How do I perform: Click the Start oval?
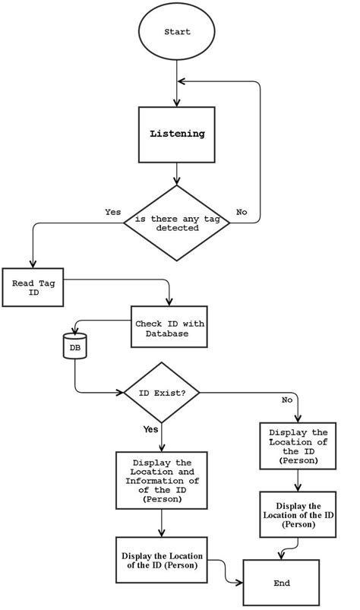tap(177, 33)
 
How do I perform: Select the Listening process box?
tap(177, 134)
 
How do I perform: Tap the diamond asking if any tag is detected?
tap(177, 223)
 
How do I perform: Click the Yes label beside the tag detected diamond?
tap(112, 212)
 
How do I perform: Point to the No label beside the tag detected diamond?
tap(242, 212)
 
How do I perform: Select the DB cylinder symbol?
tap(74, 346)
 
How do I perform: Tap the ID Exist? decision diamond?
tap(161, 392)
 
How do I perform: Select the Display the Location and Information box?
tap(161, 481)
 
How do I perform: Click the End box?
tap(281, 583)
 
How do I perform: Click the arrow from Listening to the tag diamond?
tap(177, 173)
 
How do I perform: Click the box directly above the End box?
tap(298, 515)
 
